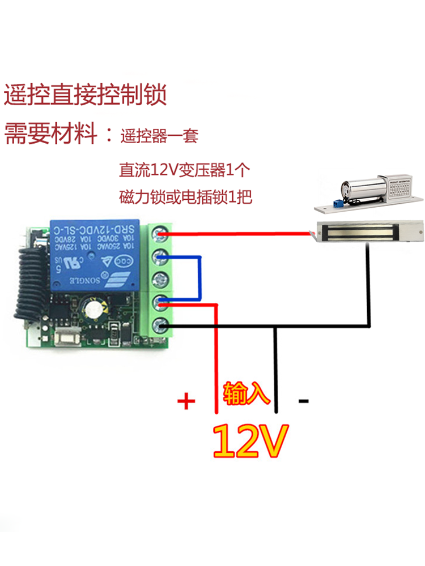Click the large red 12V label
pyautogui.click(x=250, y=440)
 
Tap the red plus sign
pyautogui.click(x=186, y=402)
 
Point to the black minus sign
pyautogui.click(x=304, y=401)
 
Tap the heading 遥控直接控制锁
pyautogui.click(x=86, y=95)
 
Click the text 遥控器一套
pyautogui.click(x=159, y=136)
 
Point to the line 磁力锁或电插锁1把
pyautogui.click(x=185, y=198)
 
